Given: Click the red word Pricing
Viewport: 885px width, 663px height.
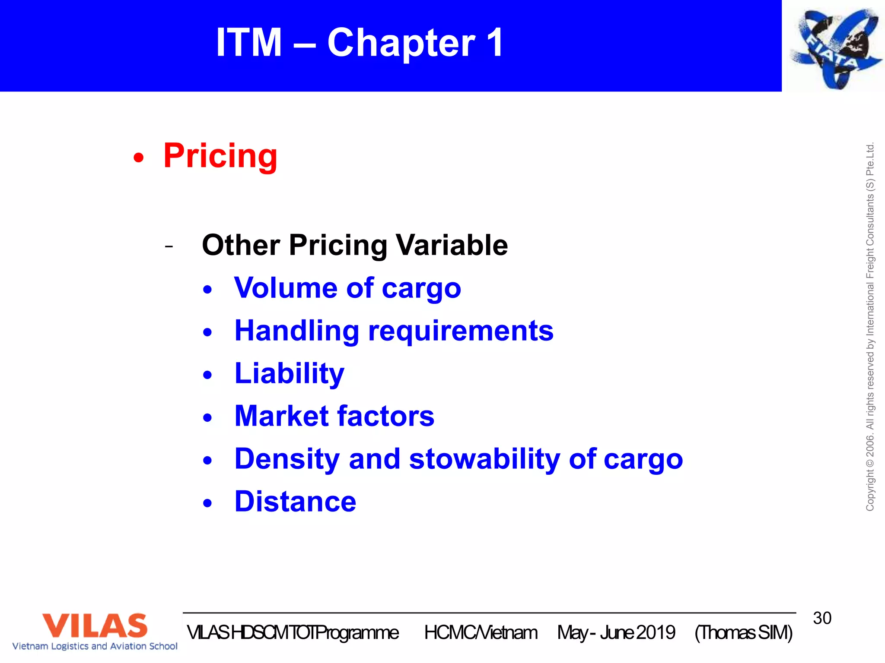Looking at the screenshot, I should point(220,156).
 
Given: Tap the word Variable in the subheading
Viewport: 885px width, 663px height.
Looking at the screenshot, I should point(452,245).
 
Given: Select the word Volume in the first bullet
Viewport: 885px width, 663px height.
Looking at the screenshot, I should point(286,288).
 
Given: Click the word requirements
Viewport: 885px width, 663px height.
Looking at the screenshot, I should point(461,331).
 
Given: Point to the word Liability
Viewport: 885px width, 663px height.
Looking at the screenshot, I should point(289,374).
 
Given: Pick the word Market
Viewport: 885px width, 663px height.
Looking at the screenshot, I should point(281,416).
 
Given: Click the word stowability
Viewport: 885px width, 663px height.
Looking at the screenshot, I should point(484,459).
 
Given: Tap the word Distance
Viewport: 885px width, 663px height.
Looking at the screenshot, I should point(295,502).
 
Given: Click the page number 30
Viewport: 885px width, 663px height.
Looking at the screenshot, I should point(822,618).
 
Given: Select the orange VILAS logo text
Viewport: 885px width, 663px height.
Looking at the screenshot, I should point(95,625).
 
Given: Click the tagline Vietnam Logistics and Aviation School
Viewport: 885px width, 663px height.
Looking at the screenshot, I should point(95,646).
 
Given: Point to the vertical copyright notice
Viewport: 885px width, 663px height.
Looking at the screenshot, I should point(870,327).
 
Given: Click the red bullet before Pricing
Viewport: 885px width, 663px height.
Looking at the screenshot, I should point(138,158).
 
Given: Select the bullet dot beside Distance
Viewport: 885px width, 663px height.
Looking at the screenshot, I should point(208,503).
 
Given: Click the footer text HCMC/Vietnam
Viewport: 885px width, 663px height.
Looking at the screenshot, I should point(481,633).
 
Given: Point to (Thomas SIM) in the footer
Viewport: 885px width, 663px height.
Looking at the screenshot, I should point(743,633).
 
